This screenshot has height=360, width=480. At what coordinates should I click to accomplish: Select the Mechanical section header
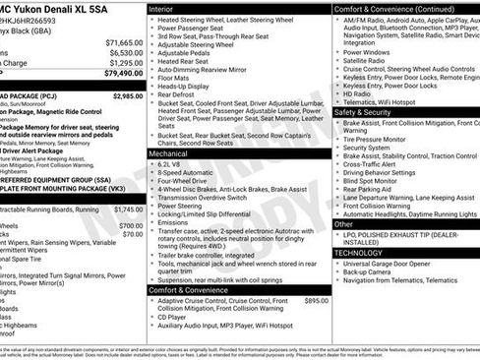(170, 153)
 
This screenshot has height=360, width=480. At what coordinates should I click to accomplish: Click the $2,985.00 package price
(128, 96)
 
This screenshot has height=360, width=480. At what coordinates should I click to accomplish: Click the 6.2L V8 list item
(173, 163)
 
